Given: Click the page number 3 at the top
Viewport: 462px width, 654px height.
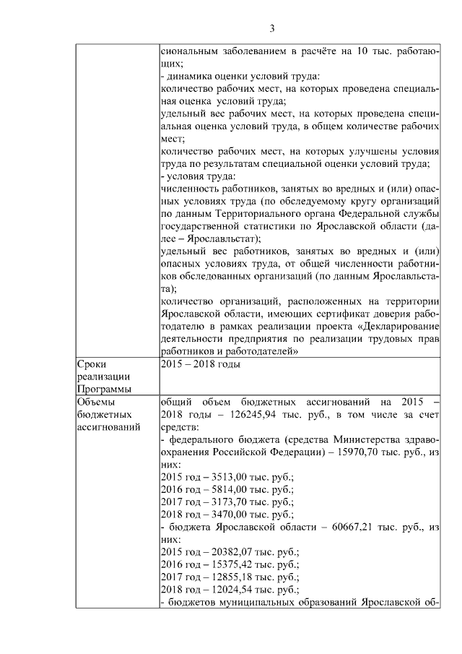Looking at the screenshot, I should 272,29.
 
